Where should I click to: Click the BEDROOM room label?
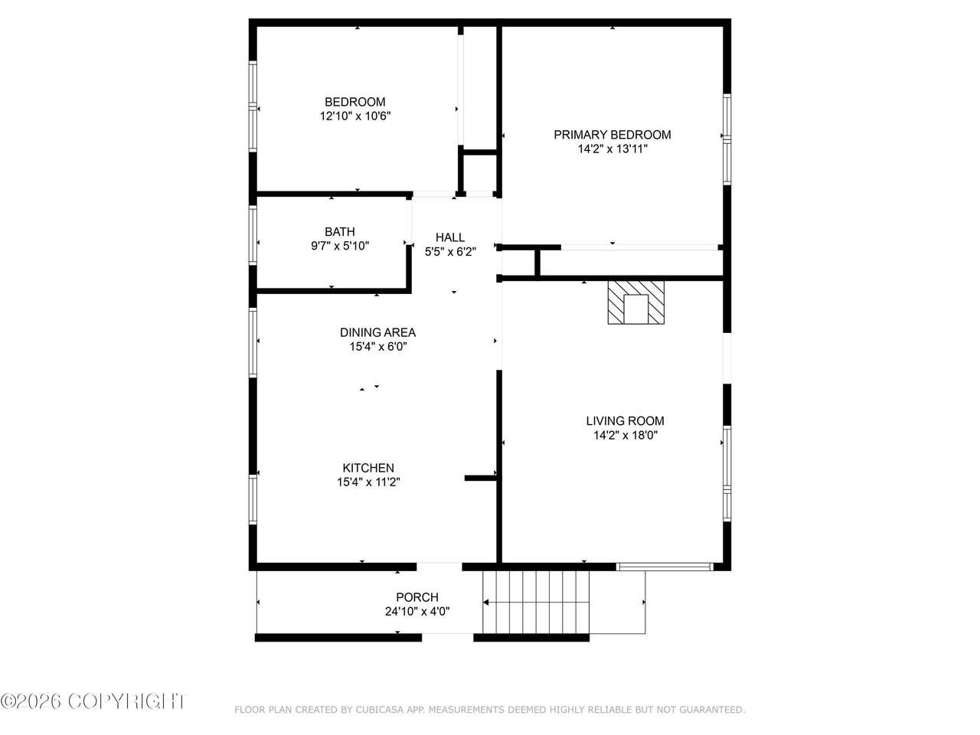355,102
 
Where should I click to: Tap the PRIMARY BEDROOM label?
612,135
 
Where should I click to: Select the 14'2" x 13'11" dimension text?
612,149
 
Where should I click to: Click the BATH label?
340,232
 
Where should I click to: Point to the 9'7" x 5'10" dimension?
340,246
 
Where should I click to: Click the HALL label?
450,237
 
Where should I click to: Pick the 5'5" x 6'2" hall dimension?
450,252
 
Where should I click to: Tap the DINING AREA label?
377,332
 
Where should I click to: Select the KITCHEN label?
368,468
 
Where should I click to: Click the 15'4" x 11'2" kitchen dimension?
368,482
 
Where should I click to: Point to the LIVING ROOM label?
625,421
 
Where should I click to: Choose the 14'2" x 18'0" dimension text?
625,435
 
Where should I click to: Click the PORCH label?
417,597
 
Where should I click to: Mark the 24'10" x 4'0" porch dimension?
417,612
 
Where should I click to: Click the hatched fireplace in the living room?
635,302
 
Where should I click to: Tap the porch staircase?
536,602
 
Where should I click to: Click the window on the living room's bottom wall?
665,567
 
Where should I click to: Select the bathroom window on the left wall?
253,235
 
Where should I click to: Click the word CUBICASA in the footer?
380,710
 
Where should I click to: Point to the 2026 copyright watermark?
92,701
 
